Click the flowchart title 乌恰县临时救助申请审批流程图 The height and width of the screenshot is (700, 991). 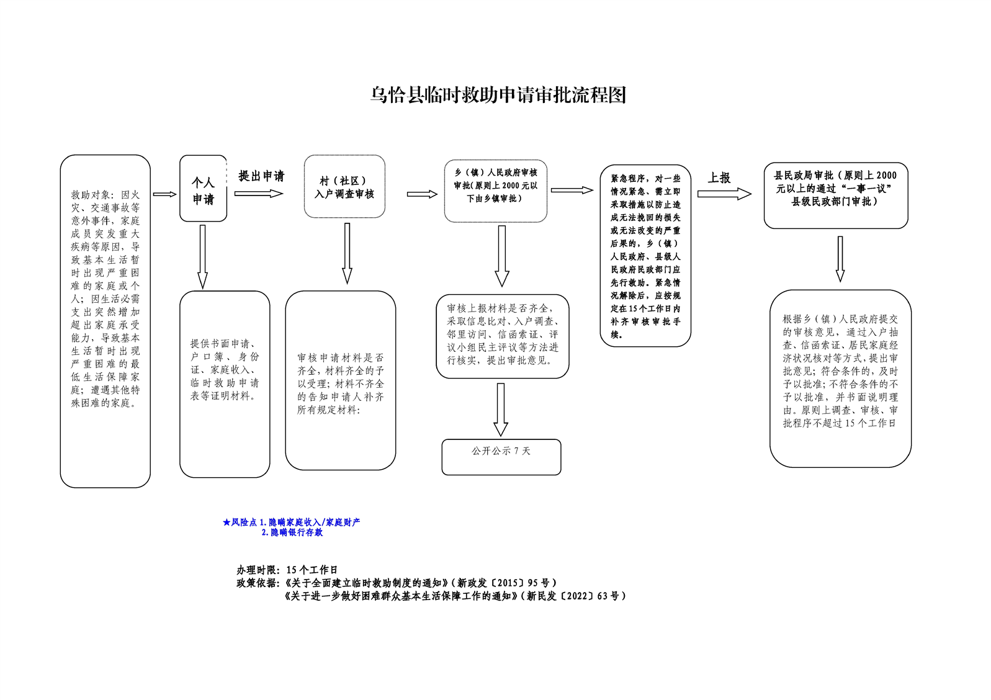(x=498, y=95)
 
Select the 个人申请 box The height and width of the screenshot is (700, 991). (x=203, y=189)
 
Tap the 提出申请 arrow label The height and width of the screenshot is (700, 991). (x=261, y=176)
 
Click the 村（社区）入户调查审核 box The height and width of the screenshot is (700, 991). (x=344, y=187)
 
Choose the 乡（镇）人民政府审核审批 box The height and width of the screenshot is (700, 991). (x=495, y=191)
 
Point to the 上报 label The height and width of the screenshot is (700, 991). (x=719, y=178)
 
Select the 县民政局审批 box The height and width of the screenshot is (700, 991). (x=835, y=195)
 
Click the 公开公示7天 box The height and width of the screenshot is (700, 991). (x=501, y=457)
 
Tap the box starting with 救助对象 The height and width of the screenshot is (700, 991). (x=105, y=321)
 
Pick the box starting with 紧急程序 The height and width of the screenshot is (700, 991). (x=645, y=256)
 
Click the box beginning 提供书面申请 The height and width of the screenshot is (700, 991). (x=225, y=384)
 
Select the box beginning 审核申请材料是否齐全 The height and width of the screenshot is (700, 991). (x=340, y=380)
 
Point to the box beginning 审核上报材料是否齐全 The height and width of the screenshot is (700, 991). (x=502, y=336)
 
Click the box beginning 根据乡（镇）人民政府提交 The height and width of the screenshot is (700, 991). (x=840, y=378)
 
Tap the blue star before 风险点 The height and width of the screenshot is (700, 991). (x=226, y=523)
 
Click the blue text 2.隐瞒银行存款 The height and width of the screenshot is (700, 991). (x=292, y=532)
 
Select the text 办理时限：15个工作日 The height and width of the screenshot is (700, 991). (x=287, y=570)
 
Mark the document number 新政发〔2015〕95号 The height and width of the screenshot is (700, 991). (x=506, y=583)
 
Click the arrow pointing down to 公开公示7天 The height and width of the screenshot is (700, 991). (x=501, y=410)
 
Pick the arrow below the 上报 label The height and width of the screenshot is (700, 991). (x=724, y=194)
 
